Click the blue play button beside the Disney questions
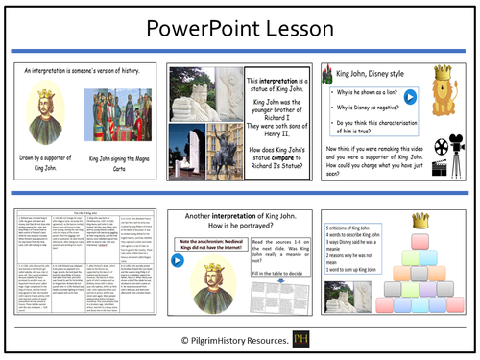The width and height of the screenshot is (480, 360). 409,97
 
